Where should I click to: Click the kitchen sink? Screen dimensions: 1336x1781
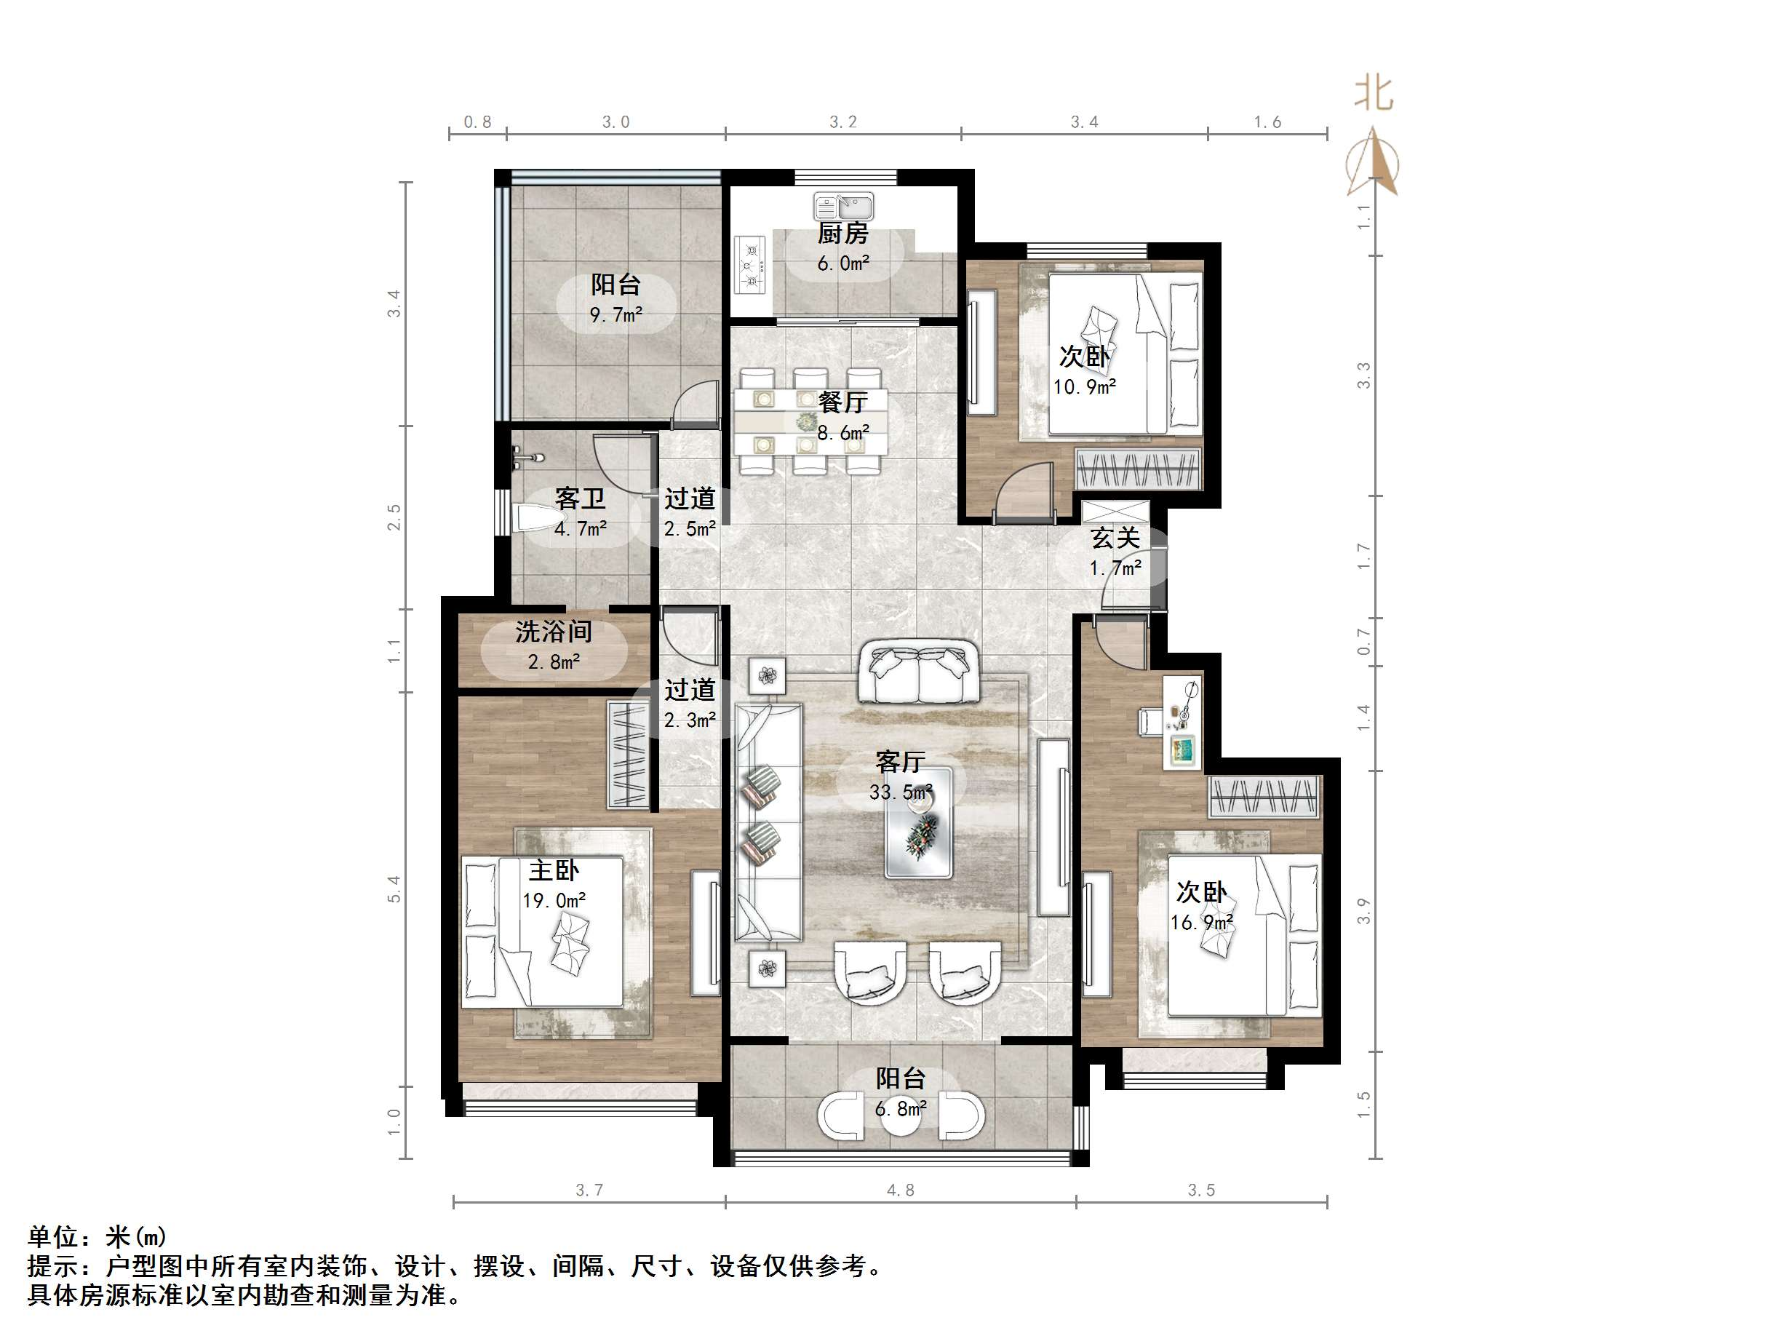(843, 206)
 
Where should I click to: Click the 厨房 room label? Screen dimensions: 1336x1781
(843, 234)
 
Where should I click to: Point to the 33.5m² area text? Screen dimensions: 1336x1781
(900, 792)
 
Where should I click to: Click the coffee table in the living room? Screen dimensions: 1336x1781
(919, 822)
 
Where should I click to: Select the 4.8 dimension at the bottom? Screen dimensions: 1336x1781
(900, 1190)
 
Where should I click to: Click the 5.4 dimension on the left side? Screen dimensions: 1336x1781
(394, 888)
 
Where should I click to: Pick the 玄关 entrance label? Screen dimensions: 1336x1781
(1115, 538)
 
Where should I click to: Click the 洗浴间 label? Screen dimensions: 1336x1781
(554, 632)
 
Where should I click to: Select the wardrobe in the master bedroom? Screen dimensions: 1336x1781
(627, 755)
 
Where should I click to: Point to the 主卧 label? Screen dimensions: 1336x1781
(554, 870)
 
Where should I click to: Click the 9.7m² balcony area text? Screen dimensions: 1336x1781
(616, 315)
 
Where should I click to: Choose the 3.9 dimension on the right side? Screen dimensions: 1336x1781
(1363, 911)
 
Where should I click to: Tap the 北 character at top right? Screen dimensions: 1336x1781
(1374, 93)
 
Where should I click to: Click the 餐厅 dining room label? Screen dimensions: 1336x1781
(843, 402)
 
